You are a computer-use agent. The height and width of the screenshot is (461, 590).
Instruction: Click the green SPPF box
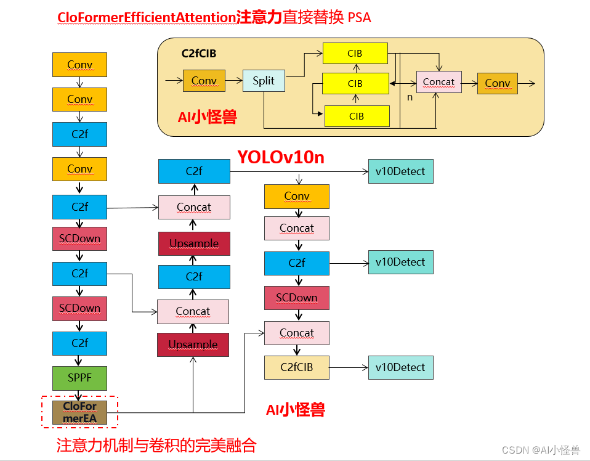(79, 378)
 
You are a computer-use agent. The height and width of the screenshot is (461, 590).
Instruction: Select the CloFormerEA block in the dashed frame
(79, 413)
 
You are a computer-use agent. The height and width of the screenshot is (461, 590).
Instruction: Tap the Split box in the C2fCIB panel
(264, 81)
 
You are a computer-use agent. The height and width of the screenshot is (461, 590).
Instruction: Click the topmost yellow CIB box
(355, 54)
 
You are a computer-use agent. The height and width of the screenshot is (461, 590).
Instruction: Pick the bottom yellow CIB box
(357, 116)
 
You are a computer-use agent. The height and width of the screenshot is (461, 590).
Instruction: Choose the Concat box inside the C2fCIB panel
(438, 82)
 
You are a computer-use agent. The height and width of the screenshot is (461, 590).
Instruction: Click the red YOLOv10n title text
(281, 158)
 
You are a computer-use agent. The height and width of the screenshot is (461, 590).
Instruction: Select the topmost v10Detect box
(400, 171)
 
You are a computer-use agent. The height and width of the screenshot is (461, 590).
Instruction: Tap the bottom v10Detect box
(400, 367)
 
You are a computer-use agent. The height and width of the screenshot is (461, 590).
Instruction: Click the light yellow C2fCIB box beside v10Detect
(297, 367)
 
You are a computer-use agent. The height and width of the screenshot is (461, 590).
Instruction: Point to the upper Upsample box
(194, 243)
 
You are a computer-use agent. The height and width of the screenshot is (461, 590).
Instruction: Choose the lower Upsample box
(193, 345)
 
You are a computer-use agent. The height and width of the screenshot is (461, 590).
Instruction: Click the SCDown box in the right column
(297, 298)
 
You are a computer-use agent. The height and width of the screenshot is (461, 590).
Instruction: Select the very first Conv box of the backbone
(79, 65)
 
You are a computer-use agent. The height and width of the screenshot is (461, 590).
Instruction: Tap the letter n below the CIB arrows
(410, 97)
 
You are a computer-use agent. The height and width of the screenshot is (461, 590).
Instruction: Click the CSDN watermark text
(540, 450)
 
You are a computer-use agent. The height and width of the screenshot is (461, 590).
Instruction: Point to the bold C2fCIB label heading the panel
(199, 54)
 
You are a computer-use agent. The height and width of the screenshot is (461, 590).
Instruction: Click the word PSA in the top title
(360, 18)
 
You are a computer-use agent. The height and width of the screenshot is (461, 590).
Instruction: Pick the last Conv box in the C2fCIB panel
(497, 83)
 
